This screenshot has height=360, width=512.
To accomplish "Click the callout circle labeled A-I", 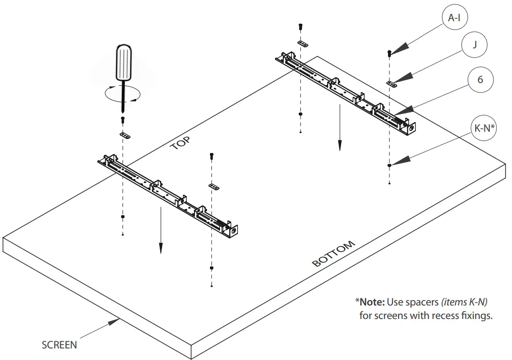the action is tap(454, 18).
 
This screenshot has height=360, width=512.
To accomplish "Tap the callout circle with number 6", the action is tap(479, 80).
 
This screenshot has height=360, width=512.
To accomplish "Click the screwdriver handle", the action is tap(124, 62).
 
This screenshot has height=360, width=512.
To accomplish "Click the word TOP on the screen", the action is tap(180, 143).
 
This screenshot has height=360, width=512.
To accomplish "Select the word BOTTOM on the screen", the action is tap(334, 254).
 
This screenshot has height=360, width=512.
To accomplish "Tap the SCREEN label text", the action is tap(59, 345).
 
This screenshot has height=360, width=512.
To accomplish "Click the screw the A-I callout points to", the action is tap(389, 53).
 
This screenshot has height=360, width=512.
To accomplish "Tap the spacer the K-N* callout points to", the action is tap(389, 166).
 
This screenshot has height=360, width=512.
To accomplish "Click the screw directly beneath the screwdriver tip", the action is tap(123, 118).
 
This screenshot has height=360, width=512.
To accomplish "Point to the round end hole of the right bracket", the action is tap(411, 127).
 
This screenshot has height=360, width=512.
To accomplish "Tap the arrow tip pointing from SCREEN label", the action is tap(120, 318).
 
